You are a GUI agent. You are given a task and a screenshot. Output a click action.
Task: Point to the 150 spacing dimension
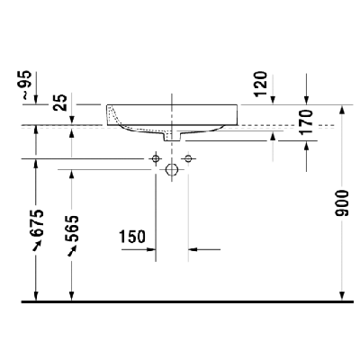point(132,237)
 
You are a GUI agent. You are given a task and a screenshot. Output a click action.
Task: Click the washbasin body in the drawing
point(207,117)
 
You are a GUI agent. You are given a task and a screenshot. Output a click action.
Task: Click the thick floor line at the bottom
point(180,300)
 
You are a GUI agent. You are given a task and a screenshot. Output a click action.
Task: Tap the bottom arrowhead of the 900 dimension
point(343,293)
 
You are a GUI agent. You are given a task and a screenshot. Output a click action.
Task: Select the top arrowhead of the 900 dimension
point(343,131)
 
